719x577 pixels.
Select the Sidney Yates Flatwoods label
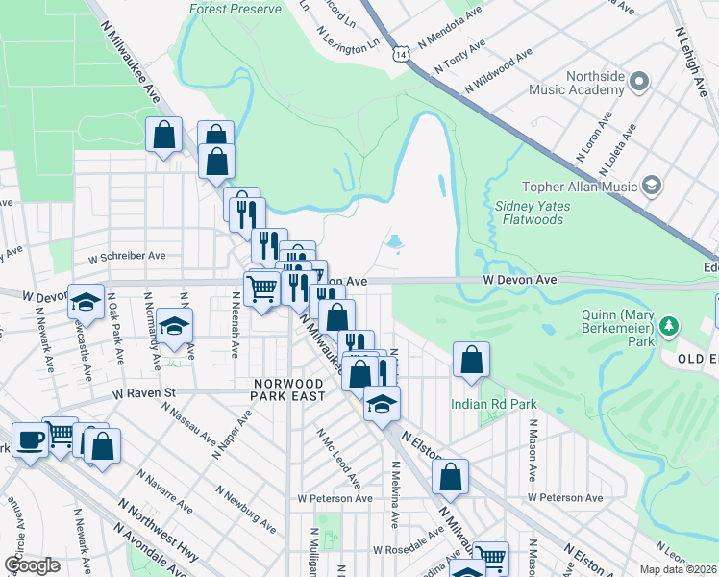tap(533, 213)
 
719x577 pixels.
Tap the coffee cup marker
tap(30, 440)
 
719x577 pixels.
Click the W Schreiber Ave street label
tap(127, 257)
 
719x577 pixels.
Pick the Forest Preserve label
tap(236, 10)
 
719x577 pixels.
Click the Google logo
tap(32, 565)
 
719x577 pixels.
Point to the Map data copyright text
tap(679, 569)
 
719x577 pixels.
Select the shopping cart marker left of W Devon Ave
tap(261, 288)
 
